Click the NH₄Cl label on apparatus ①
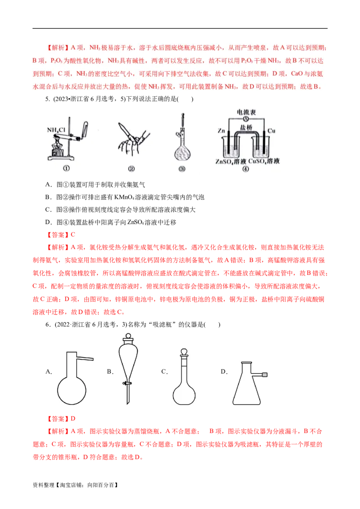coord(56,130)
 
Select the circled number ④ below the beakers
coord(245,170)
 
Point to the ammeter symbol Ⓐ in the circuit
coord(246,119)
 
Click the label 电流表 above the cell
coord(246,111)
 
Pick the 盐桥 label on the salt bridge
coord(247,128)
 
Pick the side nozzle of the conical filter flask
coord(265,375)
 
